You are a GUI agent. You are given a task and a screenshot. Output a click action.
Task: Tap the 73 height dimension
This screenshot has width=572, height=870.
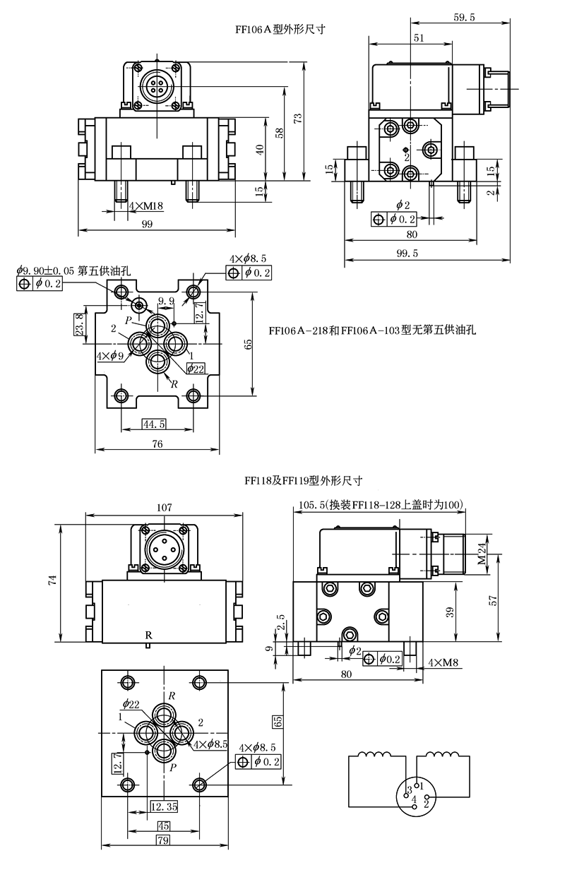tap(299, 119)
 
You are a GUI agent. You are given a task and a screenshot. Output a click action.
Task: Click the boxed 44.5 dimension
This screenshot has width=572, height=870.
tap(154, 424)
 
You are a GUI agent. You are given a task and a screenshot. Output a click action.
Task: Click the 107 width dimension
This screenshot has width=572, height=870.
tap(165, 506)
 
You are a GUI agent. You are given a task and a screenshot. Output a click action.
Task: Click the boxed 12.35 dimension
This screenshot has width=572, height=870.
tap(164, 806)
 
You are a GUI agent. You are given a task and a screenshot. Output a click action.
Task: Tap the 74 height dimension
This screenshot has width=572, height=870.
tap(52, 580)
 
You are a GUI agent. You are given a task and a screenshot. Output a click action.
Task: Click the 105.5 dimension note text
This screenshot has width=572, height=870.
tap(380, 505)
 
